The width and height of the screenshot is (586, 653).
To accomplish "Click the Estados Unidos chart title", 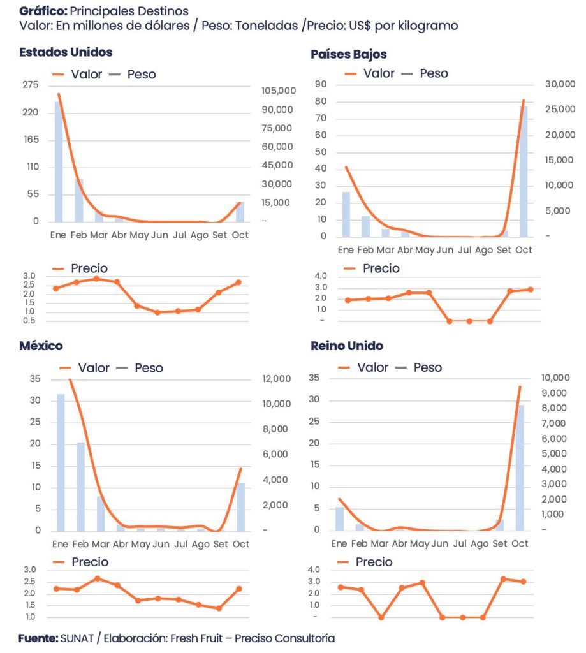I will point(66,52).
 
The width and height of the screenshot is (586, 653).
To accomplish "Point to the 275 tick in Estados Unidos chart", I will point(31,85).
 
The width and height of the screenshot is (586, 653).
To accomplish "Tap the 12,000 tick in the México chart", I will point(277,379).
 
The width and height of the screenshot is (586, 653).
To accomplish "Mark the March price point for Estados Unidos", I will point(96,279).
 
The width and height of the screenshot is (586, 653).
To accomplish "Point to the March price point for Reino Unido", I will point(381,617).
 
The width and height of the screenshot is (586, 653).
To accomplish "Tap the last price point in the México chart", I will point(239,589).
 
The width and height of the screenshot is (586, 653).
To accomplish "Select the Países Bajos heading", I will point(348,54).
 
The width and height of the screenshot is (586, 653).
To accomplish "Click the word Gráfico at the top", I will point(41,11).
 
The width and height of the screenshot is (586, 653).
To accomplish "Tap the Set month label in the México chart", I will point(220,544).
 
